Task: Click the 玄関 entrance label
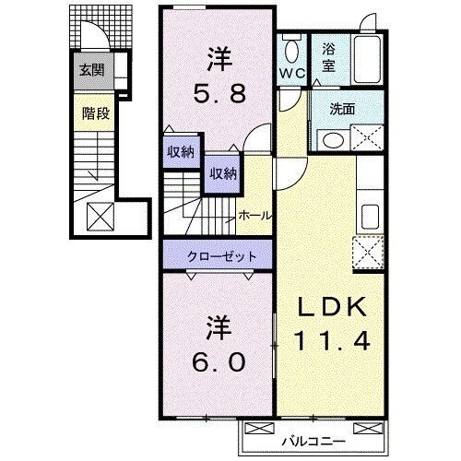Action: tap(90, 68)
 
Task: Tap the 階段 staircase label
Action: tap(90, 114)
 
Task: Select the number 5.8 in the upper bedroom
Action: tap(219, 92)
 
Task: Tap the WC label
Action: tap(290, 71)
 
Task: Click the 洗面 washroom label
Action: tap(344, 107)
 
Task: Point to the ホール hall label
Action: tap(254, 215)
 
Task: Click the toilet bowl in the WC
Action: tap(291, 49)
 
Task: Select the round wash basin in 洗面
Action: tap(330, 140)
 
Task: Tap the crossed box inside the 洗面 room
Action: tap(365, 139)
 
